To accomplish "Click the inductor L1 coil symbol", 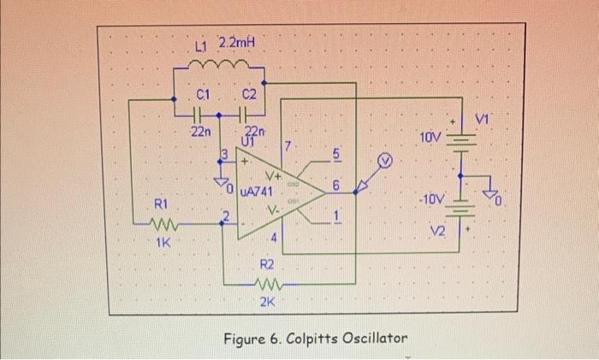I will tap(220, 64).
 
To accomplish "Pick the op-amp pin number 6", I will tap(336, 184).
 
